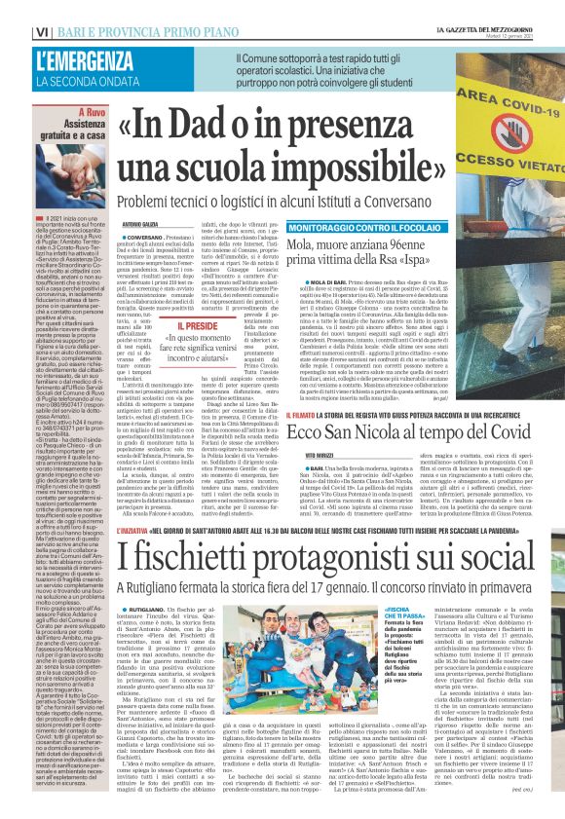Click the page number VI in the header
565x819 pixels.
point(13,10)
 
